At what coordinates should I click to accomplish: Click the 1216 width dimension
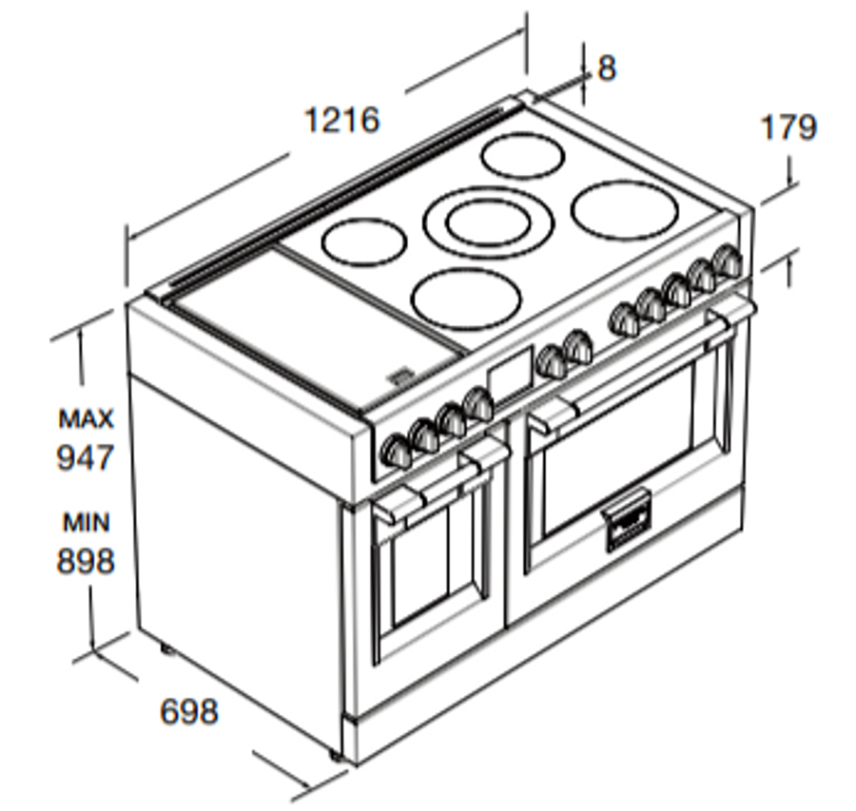point(341,121)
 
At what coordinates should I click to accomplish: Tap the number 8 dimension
point(607,68)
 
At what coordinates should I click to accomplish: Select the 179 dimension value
point(788,126)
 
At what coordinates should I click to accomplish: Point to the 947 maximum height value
point(85,458)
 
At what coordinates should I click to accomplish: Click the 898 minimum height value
point(85,561)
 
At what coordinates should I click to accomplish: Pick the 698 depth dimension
point(188,711)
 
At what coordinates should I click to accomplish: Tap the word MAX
point(86,418)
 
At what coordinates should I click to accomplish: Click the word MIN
point(86,522)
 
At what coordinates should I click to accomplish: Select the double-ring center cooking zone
point(487,222)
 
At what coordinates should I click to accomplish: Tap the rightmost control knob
point(729,260)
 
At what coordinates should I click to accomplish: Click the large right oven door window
point(618,447)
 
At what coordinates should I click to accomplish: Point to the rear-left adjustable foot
point(165,650)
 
